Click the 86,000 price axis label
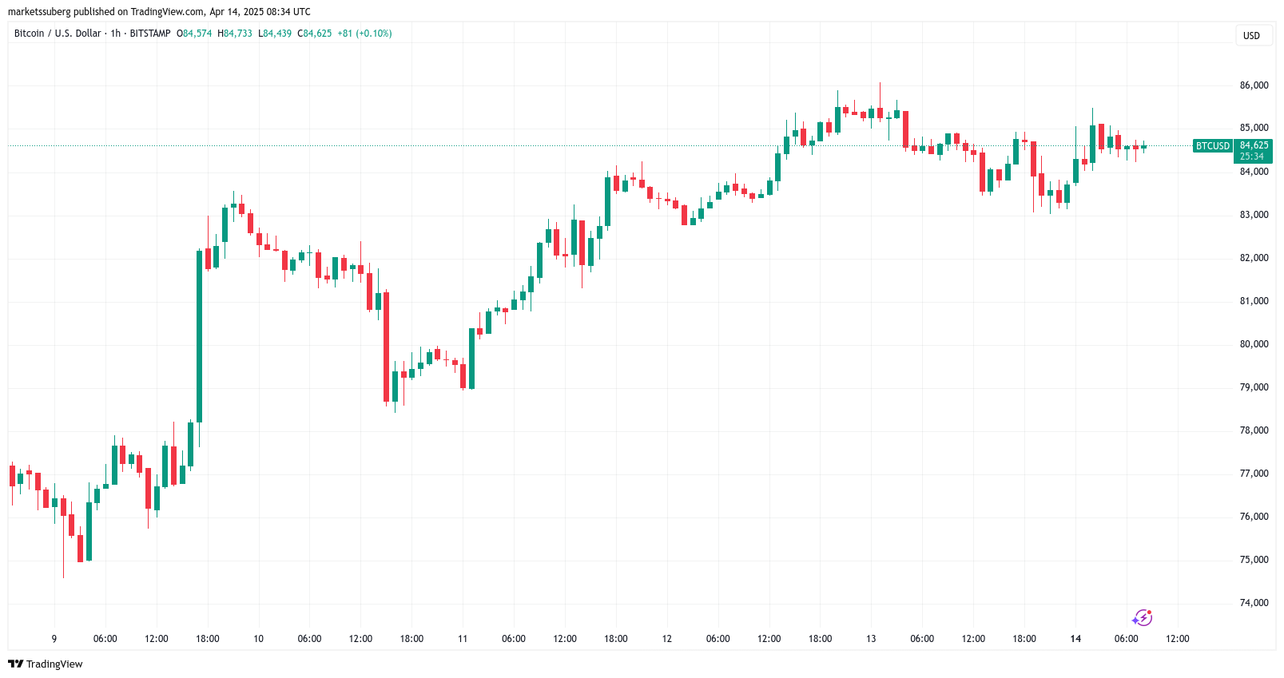[x=1254, y=85]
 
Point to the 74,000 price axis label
[x=1254, y=603]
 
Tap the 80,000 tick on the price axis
[x=1254, y=344]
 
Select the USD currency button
[x=1251, y=36]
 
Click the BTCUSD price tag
[x=1212, y=146]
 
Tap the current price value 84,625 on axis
[x=1254, y=145]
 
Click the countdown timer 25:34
[x=1252, y=157]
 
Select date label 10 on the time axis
[x=258, y=639]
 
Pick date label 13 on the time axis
[x=871, y=639]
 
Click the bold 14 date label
[x=1075, y=639]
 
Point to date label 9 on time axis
[x=54, y=639]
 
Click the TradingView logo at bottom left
[x=46, y=664]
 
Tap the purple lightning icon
[x=1142, y=617]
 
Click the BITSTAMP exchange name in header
[x=150, y=34]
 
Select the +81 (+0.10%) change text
[x=364, y=34]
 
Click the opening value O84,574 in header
[x=194, y=34]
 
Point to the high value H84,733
[x=235, y=34]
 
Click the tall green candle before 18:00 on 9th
[x=199, y=335]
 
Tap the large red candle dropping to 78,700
[x=386, y=347]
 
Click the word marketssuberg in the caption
[x=39, y=12]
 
